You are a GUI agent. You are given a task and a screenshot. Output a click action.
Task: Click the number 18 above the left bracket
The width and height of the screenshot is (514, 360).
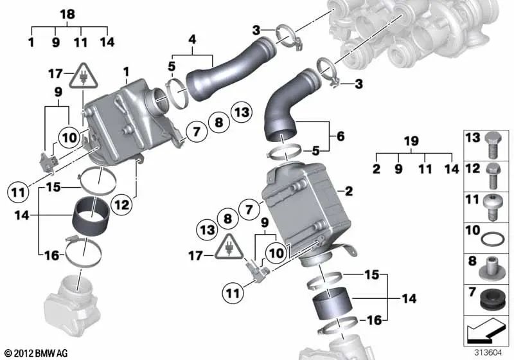click(67, 14)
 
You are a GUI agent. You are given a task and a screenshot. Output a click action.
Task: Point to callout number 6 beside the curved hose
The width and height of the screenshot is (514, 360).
click(339, 136)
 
